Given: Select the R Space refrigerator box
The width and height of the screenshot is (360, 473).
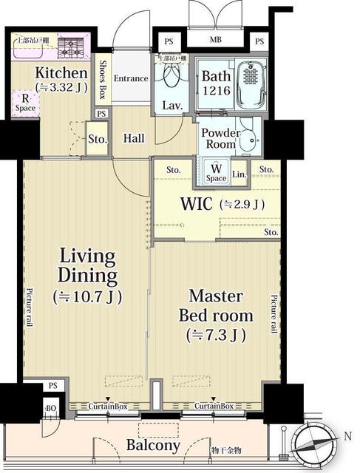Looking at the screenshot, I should (x=25, y=103).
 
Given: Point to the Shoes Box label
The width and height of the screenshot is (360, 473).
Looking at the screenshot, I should (x=103, y=80).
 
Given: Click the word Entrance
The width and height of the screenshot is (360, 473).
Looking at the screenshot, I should (x=131, y=78).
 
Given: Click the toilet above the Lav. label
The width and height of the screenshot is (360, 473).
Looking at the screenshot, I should (x=173, y=76).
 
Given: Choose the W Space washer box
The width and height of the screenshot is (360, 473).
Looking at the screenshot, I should (x=216, y=174).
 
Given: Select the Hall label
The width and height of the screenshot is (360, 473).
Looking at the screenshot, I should (x=134, y=137).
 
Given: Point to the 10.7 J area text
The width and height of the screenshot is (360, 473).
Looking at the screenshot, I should (x=87, y=297).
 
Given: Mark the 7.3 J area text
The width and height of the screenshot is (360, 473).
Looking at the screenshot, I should (x=217, y=334).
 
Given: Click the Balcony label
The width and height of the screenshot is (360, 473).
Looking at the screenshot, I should (x=153, y=446).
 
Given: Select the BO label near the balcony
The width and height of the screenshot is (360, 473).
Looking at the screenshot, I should (x=51, y=408).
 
